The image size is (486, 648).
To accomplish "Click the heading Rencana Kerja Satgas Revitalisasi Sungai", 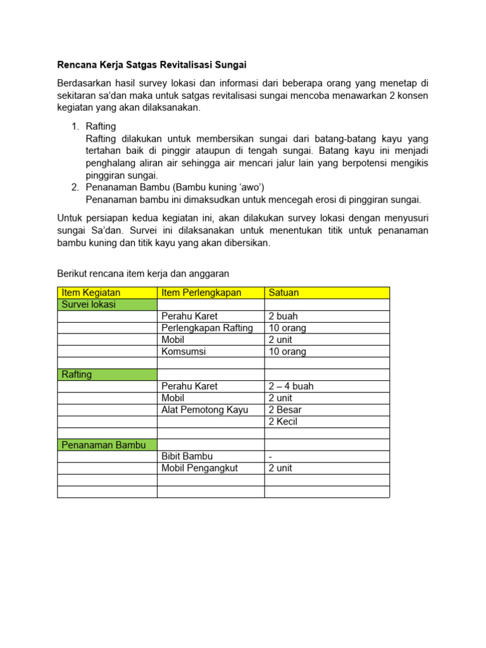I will [152, 65].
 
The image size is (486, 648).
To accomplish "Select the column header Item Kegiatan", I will [90, 292].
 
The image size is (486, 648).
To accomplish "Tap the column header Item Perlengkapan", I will [202, 292].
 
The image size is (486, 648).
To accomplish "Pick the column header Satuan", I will [284, 292].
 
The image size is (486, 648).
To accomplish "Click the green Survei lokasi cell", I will [89, 304].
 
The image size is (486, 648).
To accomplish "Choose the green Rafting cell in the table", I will [77, 374].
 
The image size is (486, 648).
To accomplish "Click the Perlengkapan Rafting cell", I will [207, 328].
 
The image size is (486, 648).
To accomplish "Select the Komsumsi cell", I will [184, 351].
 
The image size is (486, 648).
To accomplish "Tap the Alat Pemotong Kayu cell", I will [205, 410].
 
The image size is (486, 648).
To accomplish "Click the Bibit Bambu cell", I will [187, 456].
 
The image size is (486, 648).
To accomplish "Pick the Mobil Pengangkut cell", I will [199, 468].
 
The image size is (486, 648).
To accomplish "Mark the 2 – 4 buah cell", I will [291, 386].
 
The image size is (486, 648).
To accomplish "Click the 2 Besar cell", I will [285, 410].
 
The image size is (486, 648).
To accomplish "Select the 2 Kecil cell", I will [283, 421].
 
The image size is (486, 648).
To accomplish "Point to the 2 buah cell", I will [283, 316].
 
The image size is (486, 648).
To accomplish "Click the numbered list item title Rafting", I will [101, 127].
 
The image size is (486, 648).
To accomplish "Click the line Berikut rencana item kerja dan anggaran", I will [143, 273].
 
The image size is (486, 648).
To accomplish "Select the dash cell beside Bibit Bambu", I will [271, 456].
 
